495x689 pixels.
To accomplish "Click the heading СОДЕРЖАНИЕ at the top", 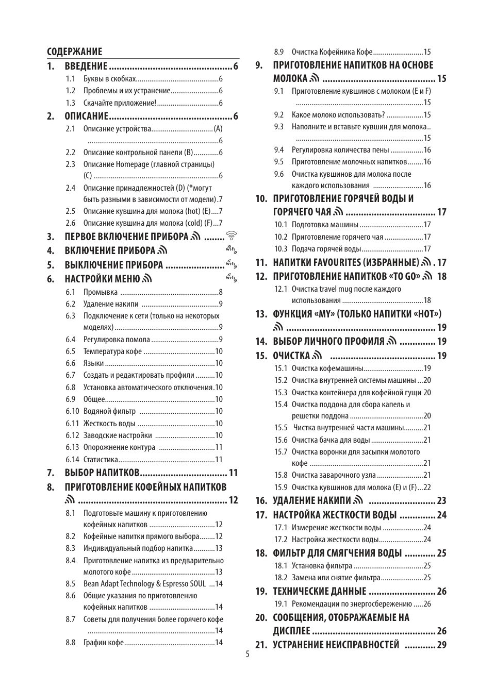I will coord(74,52).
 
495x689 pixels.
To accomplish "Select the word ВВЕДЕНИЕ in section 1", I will coord(86,66).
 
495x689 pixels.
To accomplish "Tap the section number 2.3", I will coord(70,164).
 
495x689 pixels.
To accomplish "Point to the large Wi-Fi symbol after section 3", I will coord(232,236).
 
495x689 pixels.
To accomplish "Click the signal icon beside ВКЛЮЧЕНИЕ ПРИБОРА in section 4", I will coord(163,251).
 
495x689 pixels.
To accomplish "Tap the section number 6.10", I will coord(72,411).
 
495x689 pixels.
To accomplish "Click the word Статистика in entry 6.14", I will coord(101,460).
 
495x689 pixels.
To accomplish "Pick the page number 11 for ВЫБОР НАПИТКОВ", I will coord(233,473).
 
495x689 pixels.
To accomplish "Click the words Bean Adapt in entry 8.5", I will coord(101,584).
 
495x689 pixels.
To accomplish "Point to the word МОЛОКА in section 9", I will coord(290,79).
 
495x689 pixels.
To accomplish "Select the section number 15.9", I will coord(280,488).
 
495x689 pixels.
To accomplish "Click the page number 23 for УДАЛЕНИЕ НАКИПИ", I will coord(441,500).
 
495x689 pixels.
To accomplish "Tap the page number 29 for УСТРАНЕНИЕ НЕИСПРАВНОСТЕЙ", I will coord(441,645).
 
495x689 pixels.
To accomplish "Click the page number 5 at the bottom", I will coord(247,654).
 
